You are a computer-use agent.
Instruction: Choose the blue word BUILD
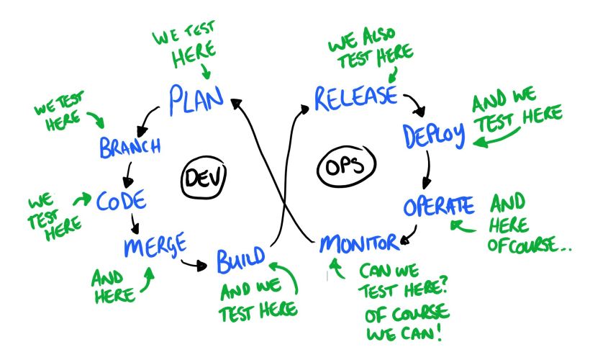240,259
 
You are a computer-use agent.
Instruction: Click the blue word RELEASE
354,96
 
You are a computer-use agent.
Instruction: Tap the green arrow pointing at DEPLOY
496,140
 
